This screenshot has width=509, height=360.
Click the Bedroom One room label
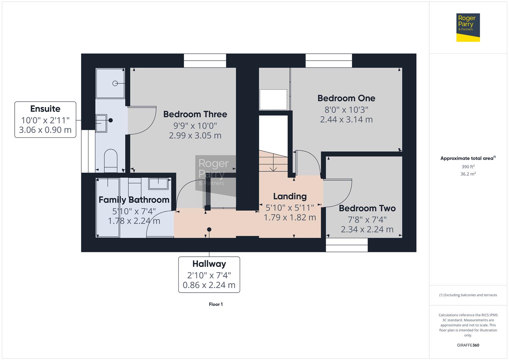[x=346, y=98]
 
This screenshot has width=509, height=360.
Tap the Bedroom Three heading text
[x=195, y=114]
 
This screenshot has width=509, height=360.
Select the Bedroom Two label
[x=367, y=208]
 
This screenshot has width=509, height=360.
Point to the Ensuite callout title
[x=45, y=109]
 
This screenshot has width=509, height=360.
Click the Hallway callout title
[x=209, y=264]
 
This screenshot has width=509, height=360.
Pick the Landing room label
[x=290, y=196]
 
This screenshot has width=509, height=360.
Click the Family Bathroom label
[x=134, y=200]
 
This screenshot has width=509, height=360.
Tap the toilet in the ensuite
[x=111, y=160]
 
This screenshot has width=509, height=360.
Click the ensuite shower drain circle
[x=115, y=83]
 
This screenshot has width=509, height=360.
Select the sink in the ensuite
[x=101, y=123]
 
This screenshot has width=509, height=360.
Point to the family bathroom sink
[x=158, y=184]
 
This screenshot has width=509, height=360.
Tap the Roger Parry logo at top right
[x=468, y=27]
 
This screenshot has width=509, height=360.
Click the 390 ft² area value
[x=468, y=167]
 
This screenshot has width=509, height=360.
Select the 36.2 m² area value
[x=468, y=174]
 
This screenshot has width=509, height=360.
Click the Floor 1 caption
[x=216, y=304]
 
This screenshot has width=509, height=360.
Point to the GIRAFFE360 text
[x=468, y=345]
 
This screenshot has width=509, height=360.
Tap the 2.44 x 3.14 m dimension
[x=346, y=120]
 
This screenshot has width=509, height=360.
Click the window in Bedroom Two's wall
[x=347, y=245]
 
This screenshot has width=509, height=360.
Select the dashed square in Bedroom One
[x=273, y=100]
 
